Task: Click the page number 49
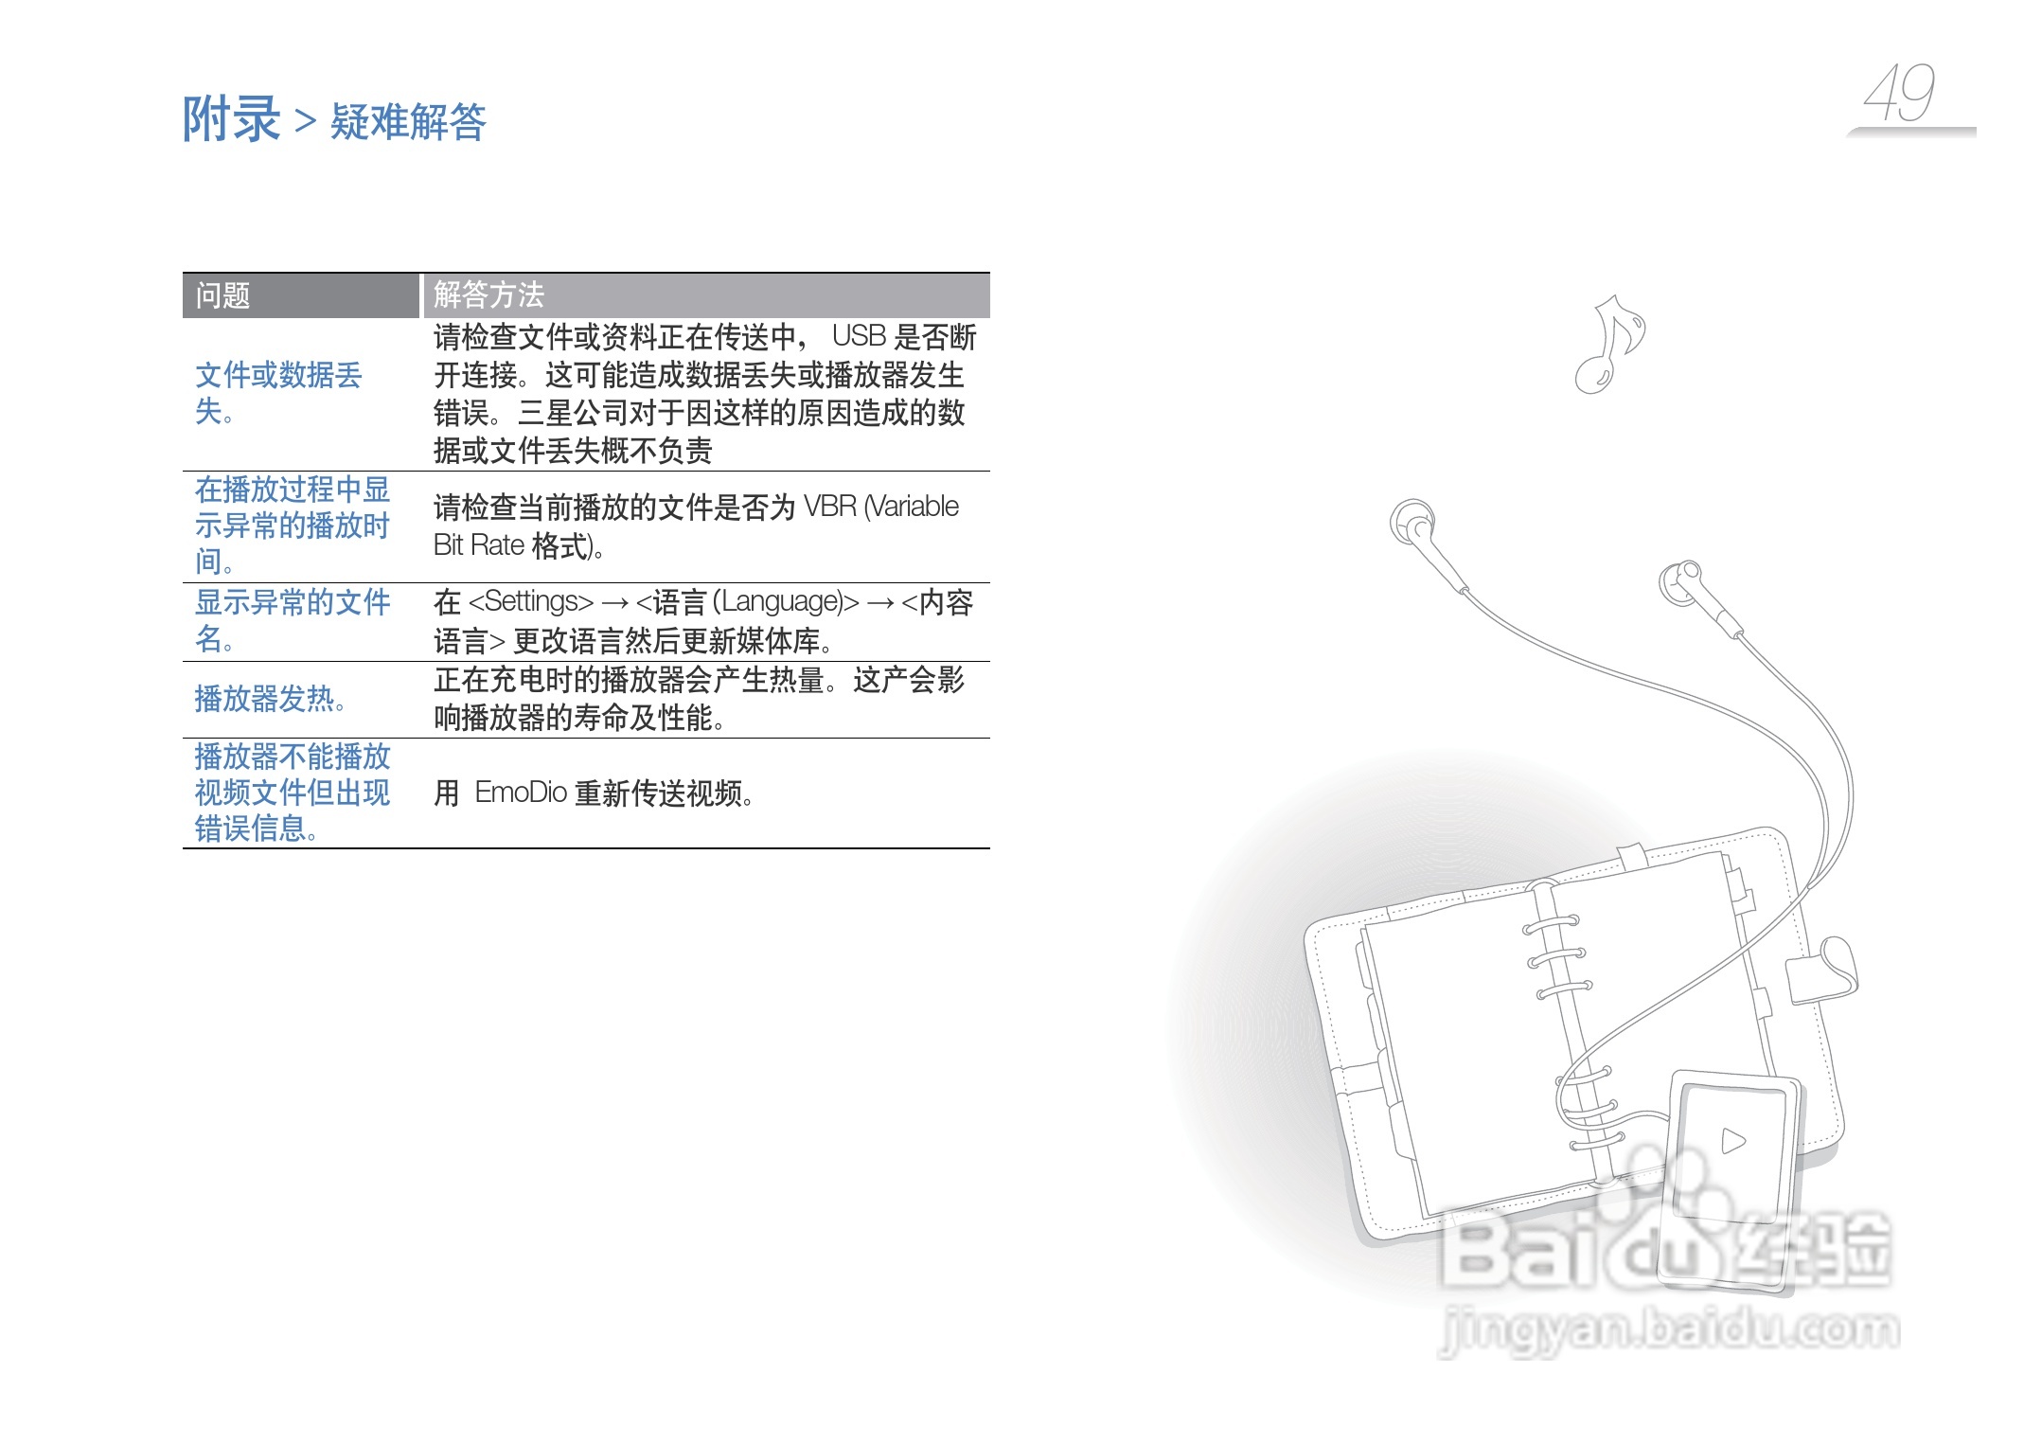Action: click(1899, 94)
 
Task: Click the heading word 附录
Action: click(231, 119)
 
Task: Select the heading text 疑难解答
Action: click(408, 122)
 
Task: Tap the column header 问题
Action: click(222, 296)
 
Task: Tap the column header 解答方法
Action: click(488, 295)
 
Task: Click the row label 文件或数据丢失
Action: click(278, 393)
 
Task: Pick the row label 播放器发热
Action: click(269, 699)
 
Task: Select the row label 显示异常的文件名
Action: click(292, 620)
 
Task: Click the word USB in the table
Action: click(859, 336)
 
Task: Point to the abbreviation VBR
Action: click(829, 507)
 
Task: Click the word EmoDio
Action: click(521, 792)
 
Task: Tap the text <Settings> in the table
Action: click(531, 601)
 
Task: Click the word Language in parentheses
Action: click(784, 601)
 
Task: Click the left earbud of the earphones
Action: click(1413, 522)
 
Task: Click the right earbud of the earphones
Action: click(1681, 580)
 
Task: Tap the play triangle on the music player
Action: click(1732, 1141)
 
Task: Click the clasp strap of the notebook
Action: click(1823, 971)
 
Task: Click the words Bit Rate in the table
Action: click(479, 545)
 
